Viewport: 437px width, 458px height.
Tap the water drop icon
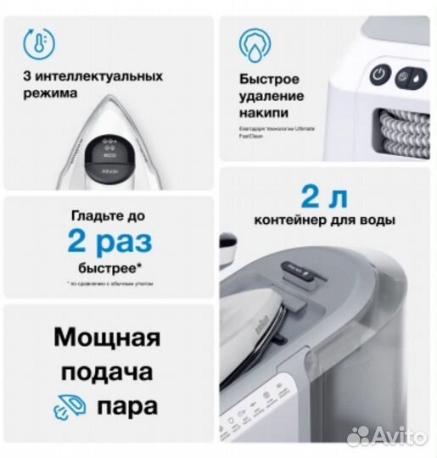coord(254,44)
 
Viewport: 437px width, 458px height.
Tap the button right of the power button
coord(404,75)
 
